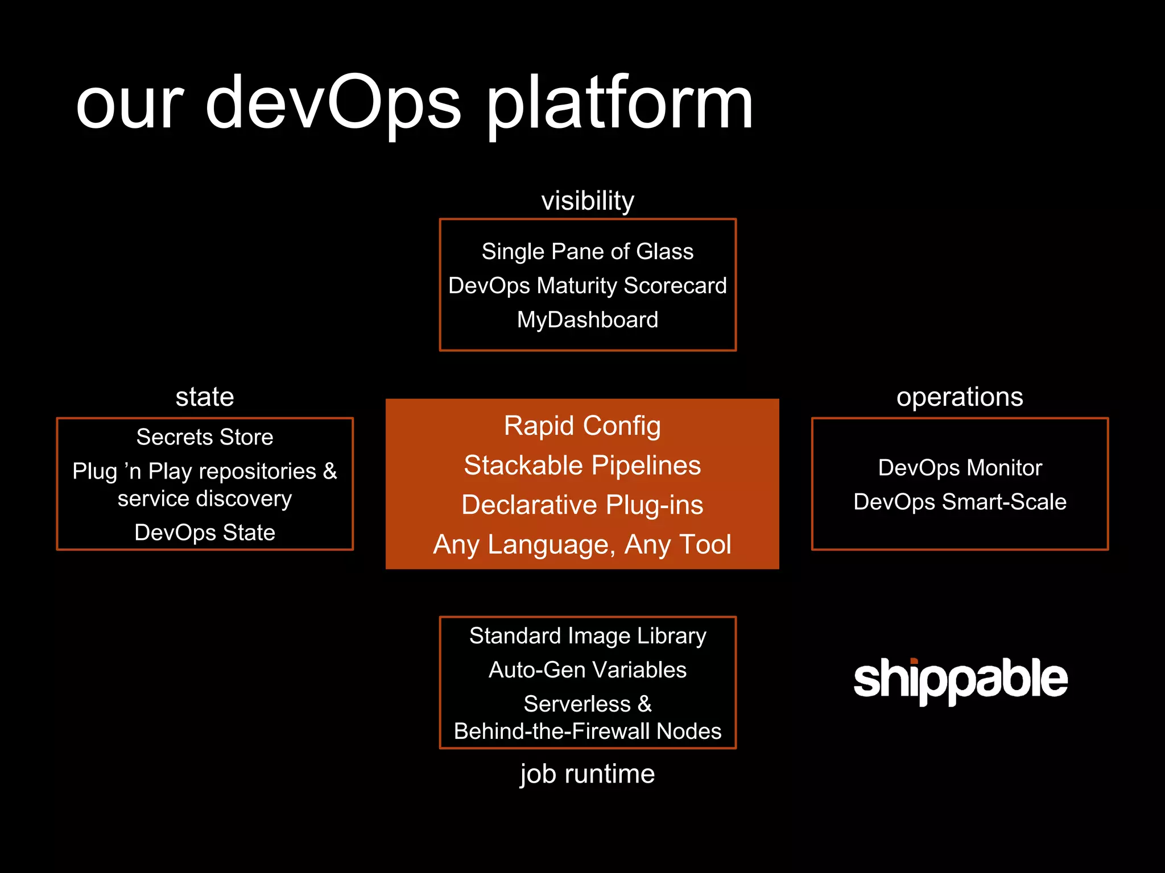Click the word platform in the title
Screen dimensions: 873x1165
[619, 105]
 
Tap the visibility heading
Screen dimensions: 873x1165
[588, 201]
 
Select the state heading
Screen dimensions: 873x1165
[205, 397]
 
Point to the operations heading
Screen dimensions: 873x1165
[960, 397]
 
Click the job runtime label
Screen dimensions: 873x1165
[588, 774]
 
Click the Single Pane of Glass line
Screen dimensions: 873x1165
[588, 251]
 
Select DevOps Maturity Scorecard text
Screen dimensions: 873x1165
[588, 285]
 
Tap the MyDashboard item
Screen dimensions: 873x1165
[588, 319]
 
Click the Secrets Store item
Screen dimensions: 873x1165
[205, 437]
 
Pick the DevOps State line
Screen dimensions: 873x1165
[205, 533]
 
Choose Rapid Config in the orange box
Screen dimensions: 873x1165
[582, 426]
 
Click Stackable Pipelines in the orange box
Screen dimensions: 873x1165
[582, 465]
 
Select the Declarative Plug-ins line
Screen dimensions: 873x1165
[582, 505]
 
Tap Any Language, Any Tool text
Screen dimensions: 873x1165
[582, 544]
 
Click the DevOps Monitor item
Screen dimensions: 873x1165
[960, 468]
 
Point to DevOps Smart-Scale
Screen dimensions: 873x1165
[960, 502]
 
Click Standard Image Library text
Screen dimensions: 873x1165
[588, 635]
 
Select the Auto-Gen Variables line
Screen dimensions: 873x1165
[588, 670]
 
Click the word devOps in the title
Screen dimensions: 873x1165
[333, 105]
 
